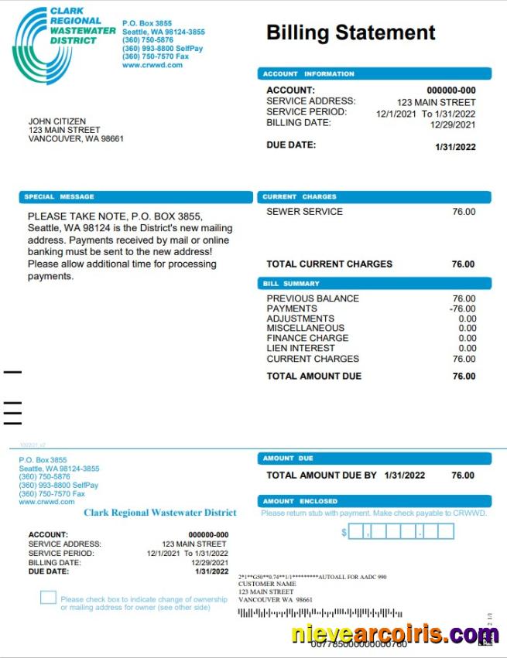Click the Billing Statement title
pos(351,32)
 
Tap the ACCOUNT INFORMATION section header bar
pos(375,74)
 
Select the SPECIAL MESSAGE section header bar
pos(136,197)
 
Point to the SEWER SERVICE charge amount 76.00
pos(464,212)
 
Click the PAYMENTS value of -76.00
pos(462,309)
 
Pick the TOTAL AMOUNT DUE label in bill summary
pos(313,377)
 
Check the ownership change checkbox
pos(49,598)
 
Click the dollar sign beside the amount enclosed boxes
pos(344,532)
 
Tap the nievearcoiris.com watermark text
pos(395,635)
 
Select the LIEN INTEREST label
pos(300,349)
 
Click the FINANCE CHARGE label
pos(307,339)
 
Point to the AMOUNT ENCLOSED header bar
pos(375,501)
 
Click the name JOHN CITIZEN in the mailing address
pos(57,121)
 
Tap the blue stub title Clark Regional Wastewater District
pos(160,513)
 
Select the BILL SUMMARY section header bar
pos(375,284)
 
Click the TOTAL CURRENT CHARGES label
pos(329,264)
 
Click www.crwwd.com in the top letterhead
pos(152,65)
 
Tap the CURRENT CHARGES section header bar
pos(375,197)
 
